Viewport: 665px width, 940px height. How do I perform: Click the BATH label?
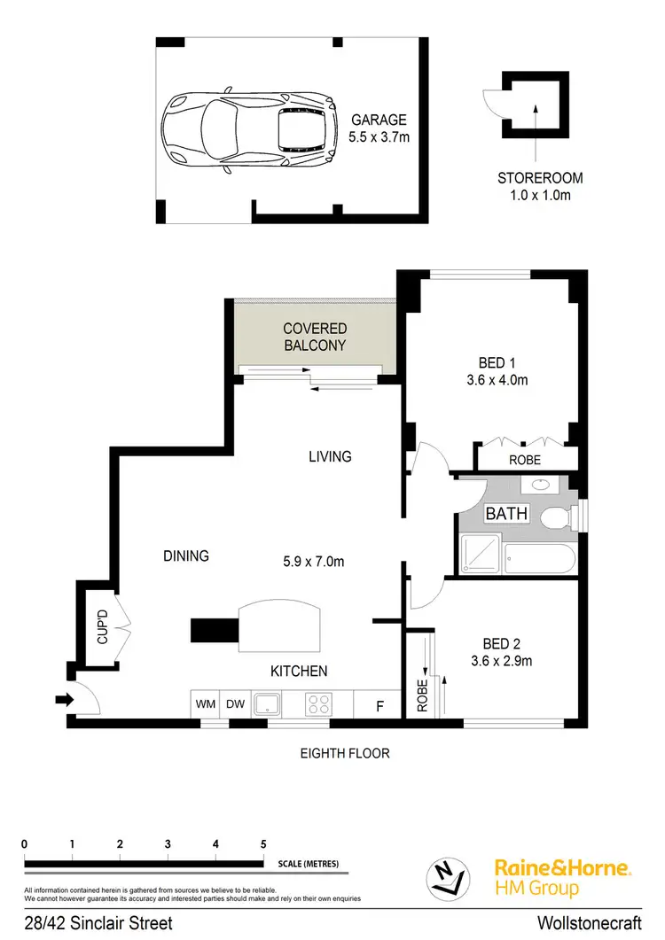506,514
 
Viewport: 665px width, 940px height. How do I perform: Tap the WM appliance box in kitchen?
206,704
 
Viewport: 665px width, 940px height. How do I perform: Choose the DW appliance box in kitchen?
234,704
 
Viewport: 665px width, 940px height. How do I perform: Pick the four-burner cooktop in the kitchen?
317,704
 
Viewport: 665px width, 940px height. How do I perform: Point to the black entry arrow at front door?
64,700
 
